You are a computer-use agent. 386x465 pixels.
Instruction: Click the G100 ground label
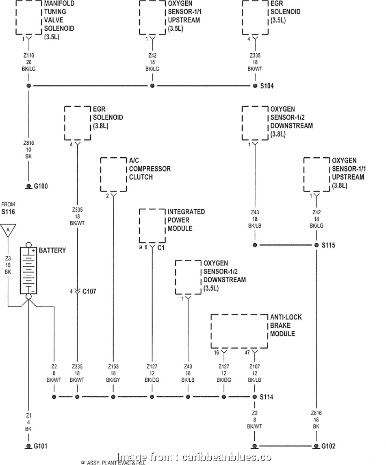pos(41,187)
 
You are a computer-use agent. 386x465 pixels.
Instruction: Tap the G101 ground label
pos(41,446)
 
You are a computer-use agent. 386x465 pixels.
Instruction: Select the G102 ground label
pos(329,446)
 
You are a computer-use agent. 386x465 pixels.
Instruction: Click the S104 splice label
pos(267,86)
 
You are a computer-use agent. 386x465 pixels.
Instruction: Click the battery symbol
pos(28,270)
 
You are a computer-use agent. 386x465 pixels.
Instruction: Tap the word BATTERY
pos(52,250)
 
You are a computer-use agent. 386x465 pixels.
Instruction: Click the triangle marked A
pos(8,230)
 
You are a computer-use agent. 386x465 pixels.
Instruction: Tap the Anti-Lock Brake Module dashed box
pos(239,331)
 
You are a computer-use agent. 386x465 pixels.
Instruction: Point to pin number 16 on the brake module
pos(217,353)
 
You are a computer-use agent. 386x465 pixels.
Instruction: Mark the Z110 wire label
pos(28,56)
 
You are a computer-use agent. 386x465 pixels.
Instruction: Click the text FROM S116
pos(8,208)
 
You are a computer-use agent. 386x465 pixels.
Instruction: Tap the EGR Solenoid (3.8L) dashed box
pos(77,123)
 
